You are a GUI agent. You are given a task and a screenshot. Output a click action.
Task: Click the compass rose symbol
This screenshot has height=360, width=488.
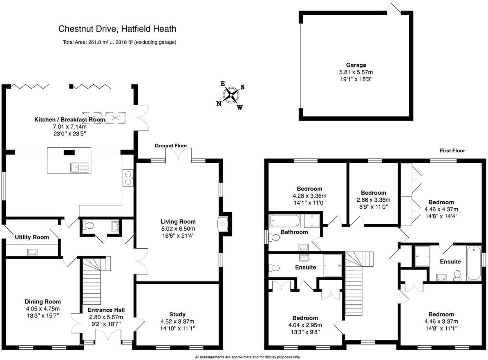pyautogui.click(x=231, y=96)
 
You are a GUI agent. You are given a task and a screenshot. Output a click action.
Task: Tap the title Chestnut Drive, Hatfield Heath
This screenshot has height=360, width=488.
pyautogui.click(x=117, y=29)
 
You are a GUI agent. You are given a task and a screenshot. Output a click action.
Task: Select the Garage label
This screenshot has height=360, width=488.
pyautogui.click(x=356, y=65)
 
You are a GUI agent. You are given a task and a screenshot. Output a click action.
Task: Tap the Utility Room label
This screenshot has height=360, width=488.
pyautogui.click(x=32, y=237)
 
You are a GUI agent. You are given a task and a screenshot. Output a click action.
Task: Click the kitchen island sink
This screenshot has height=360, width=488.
pyautogui.click(x=79, y=167)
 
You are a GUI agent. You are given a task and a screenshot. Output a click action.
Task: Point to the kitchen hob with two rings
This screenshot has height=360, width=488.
pyautogui.click(x=127, y=178)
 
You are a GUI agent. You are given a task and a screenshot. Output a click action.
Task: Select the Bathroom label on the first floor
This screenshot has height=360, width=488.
pyautogui.click(x=294, y=232)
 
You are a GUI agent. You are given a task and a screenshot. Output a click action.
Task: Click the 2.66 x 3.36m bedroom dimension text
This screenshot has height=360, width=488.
pyautogui.click(x=373, y=200)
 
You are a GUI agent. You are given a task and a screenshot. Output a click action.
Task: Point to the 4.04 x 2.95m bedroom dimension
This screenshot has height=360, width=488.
pyautogui.click(x=304, y=325)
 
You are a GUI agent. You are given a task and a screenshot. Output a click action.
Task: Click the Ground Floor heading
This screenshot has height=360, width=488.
pyautogui.click(x=170, y=146)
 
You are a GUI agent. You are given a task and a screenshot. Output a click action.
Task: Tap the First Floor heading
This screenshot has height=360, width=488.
pyautogui.click(x=452, y=151)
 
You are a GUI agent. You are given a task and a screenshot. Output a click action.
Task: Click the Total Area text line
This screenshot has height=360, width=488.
pyautogui.click(x=119, y=42)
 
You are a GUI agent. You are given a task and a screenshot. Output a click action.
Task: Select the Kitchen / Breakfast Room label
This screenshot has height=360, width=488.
pyautogui.click(x=69, y=119)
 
